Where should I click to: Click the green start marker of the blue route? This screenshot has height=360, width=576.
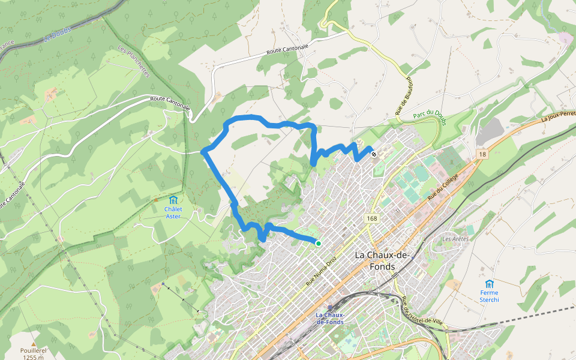(318, 243)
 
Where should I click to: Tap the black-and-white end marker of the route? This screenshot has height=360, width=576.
(374, 154)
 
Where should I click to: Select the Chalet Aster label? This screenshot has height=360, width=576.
(173, 213)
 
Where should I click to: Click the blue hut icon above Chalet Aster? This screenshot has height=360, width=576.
(173, 200)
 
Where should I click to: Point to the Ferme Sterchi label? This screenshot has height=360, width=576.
(489, 296)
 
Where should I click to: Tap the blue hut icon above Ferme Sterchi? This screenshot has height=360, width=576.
(489, 283)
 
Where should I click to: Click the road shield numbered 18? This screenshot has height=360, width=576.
(482, 155)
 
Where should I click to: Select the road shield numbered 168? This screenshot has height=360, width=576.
(373, 219)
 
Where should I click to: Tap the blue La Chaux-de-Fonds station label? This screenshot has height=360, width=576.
(329, 319)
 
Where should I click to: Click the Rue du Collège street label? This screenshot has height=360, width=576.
(443, 187)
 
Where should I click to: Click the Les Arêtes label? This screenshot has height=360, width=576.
(455, 239)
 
